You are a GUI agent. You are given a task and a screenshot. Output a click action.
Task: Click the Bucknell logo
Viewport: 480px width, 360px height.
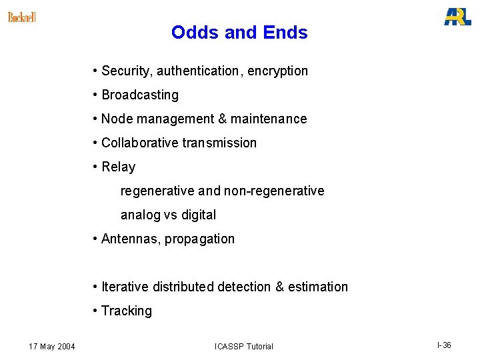pyautogui.click(x=22, y=17)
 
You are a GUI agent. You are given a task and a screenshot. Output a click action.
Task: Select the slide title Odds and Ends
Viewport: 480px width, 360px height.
pyautogui.click(x=239, y=32)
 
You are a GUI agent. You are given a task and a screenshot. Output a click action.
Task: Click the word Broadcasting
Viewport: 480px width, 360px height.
pyautogui.click(x=140, y=95)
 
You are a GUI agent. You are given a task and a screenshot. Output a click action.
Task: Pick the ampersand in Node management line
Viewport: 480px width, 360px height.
pyautogui.click(x=221, y=119)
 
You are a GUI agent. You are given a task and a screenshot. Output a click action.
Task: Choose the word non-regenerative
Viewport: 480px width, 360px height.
pyautogui.click(x=274, y=191)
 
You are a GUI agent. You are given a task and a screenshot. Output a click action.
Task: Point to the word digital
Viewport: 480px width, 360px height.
pyautogui.click(x=199, y=215)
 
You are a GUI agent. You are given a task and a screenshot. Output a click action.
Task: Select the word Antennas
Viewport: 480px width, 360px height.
pyautogui.click(x=130, y=239)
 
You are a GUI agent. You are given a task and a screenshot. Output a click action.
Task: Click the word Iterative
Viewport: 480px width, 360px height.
pyautogui.click(x=125, y=287)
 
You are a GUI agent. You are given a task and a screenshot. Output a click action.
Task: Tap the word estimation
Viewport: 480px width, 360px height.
pyautogui.click(x=318, y=287)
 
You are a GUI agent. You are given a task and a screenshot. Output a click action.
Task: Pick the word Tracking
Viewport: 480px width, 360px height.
pyautogui.click(x=127, y=311)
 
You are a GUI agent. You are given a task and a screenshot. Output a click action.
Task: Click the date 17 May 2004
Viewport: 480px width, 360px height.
pyautogui.click(x=52, y=346)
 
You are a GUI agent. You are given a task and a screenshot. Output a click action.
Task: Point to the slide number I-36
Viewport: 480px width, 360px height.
pyautogui.click(x=444, y=345)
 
